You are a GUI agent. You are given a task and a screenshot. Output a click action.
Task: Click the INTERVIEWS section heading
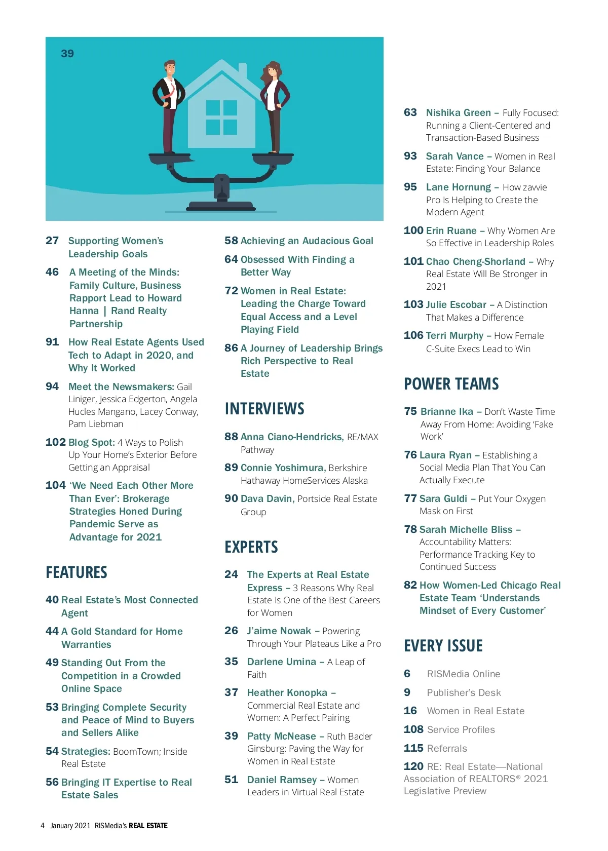point(264,409)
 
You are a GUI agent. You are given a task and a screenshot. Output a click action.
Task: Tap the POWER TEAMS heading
point(451,384)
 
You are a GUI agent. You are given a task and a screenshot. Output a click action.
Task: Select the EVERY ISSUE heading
point(443,646)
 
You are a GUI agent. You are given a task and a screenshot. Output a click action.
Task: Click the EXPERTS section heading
point(251,547)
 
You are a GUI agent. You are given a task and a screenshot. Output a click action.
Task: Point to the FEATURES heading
point(77,572)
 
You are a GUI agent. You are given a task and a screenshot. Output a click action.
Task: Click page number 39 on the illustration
point(67,54)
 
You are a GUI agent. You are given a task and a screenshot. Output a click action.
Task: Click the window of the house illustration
point(221,117)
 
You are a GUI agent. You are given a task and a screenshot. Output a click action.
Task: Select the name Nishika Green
point(458,112)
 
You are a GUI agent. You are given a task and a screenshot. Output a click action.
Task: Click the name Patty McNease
point(281,736)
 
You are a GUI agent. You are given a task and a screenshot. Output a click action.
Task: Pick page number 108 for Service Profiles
point(413,729)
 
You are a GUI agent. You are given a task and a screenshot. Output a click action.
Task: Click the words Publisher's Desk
point(464,692)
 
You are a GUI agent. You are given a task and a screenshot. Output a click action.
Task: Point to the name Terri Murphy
point(454,335)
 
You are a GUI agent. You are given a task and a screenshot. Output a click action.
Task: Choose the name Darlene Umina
point(281,662)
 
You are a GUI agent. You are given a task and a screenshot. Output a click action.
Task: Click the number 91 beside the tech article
point(52,342)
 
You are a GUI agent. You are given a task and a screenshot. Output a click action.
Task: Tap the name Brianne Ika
point(446,411)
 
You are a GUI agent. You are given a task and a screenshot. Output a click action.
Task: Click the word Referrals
point(447,748)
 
